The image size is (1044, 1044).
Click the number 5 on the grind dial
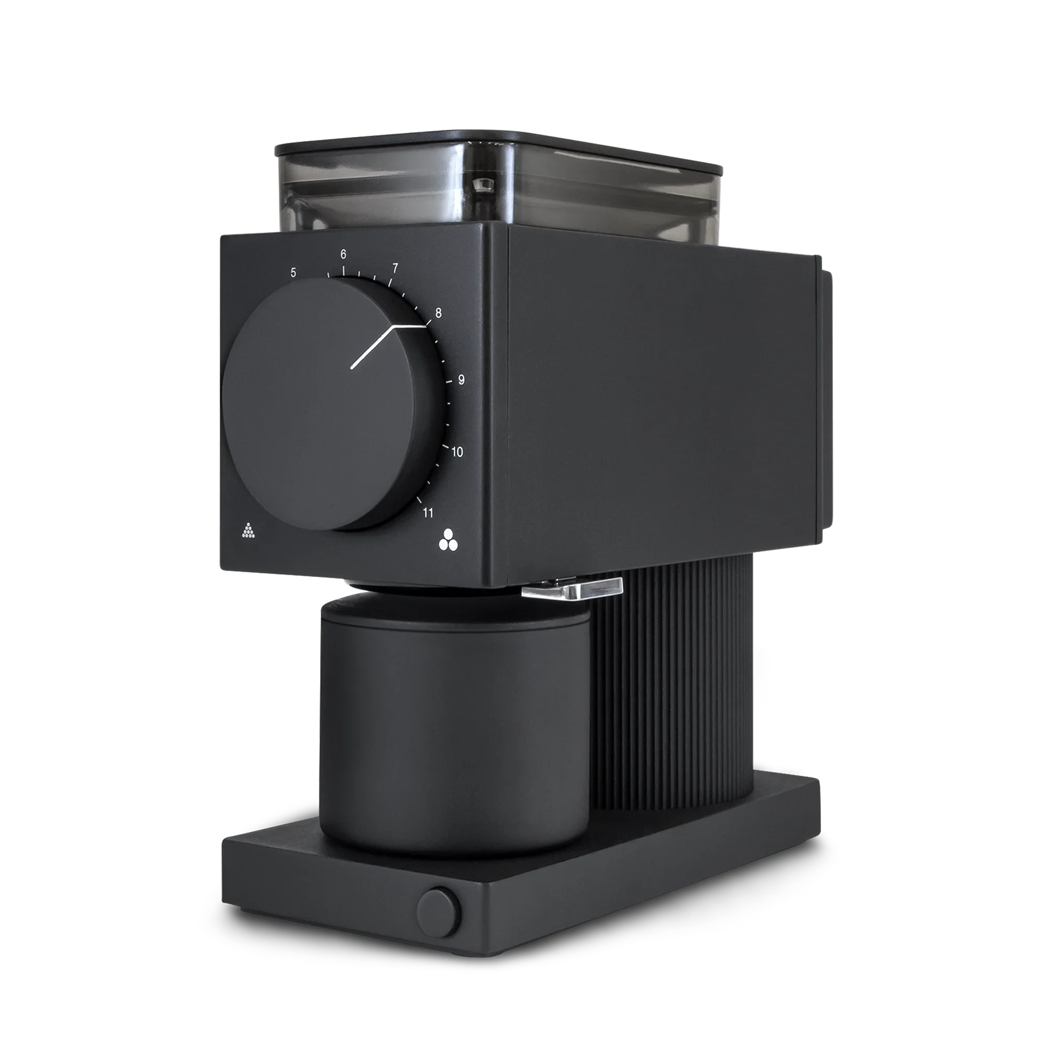pyautogui.click(x=293, y=272)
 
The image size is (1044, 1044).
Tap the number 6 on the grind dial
pyautogui.click(x=343, y=255)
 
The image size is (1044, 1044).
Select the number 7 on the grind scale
pyautogui.click(x=395, y=268)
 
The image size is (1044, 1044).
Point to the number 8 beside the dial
pyautogui.click(x=438, y=313)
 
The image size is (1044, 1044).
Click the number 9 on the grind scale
pyautogui.click(x=461, y=380)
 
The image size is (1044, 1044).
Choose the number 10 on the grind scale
pyautogui.click(x=457, y=452)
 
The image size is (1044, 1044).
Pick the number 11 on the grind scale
pyautogui.click(x=428, y=513)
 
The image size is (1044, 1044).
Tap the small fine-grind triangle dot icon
pyautogui.click(x=248, y=531)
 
